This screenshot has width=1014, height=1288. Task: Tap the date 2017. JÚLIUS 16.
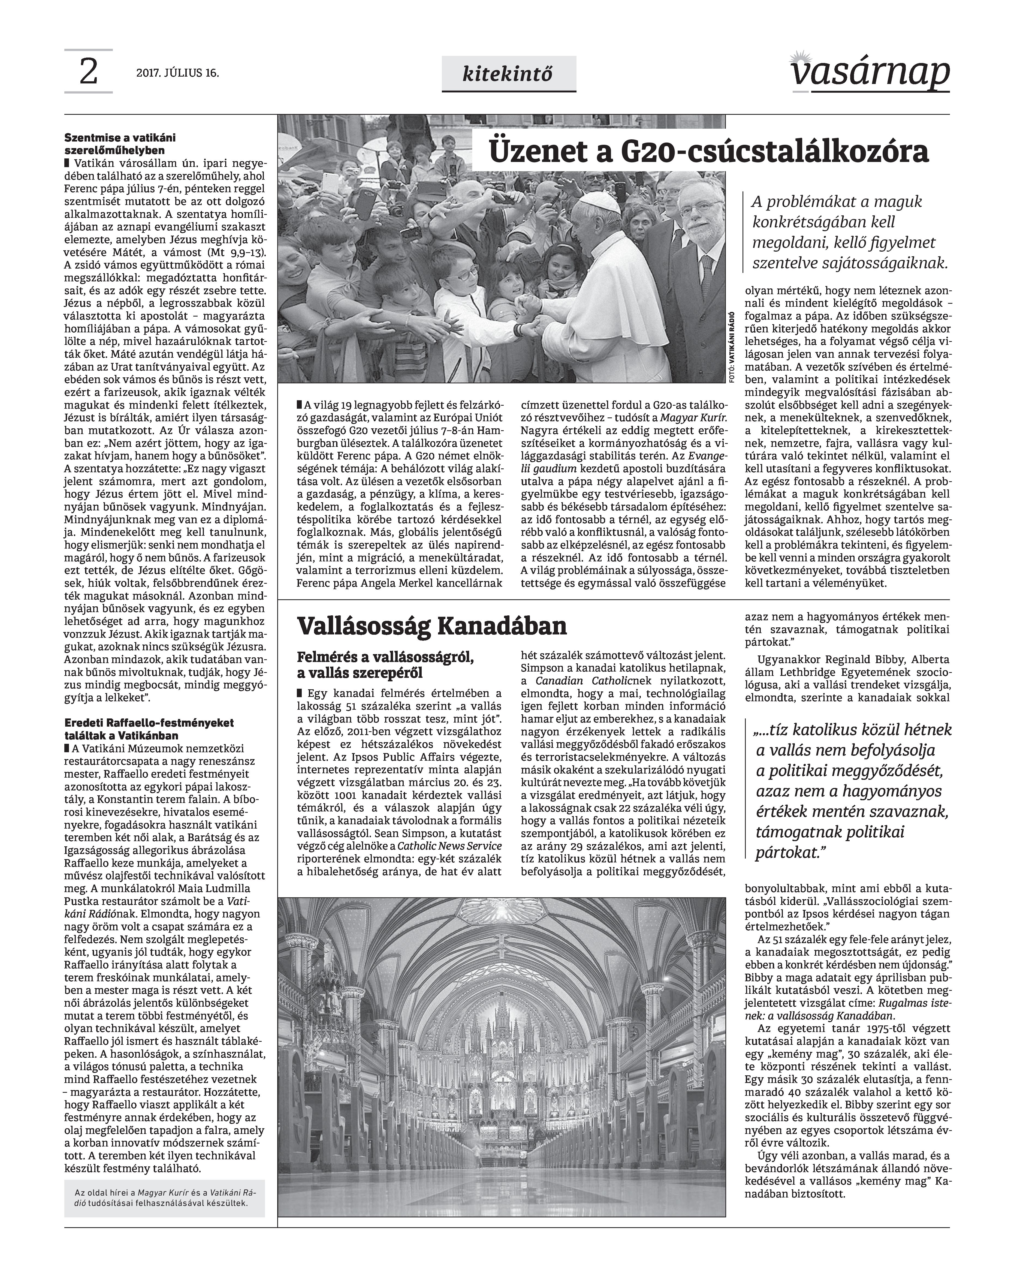pyautogui.click(x=177, y=74)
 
